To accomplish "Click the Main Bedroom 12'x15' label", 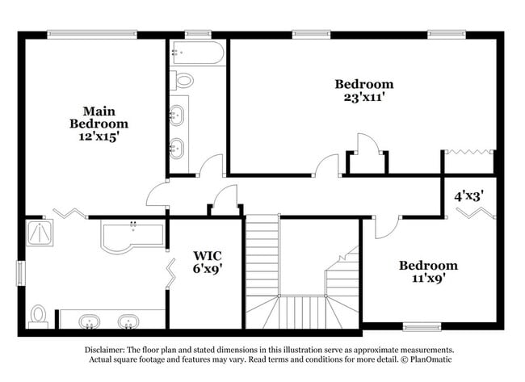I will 99,124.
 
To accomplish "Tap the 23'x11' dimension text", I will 364,96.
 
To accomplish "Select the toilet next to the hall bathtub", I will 183,80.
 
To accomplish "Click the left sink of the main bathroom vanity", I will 89,321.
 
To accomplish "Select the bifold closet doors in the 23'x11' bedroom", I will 469,151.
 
